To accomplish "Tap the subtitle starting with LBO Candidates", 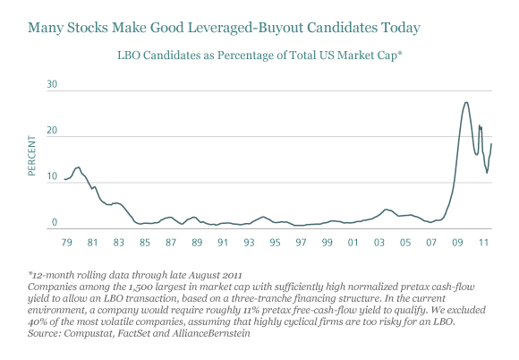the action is click(x=259, y=56).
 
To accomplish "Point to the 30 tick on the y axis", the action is click(x=52, y=84).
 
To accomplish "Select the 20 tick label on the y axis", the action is click(x=52, y=131).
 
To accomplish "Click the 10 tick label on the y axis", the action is click(x=52, y=176).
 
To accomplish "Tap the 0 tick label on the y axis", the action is click(x=55, y=223).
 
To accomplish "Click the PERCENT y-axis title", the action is click(x=32, y=156).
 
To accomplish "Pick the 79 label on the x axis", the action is click(x=66, y=243).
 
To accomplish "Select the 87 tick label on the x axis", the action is click(x=171, y=243).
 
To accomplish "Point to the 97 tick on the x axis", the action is click(x=301, y=243).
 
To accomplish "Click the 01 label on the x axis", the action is click(x=353, y=243).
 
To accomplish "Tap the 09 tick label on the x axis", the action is click(x=457, y=243).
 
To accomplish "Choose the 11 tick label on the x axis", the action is click(x=483, y=243).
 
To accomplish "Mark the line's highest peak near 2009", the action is click(x=466, y=102).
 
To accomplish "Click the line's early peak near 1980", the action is click(x=78, y=167).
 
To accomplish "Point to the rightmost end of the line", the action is click(x=491, y=144).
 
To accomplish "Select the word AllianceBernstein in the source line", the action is click(x=211, y=333).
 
